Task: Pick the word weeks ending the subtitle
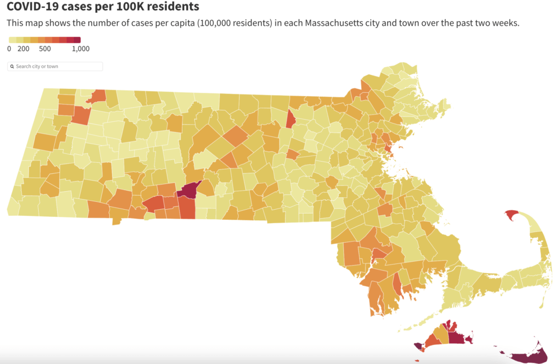coord(505,24)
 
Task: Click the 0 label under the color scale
coord(9,49)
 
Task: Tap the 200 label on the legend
coord(23,49)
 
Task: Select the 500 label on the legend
coord(45,49)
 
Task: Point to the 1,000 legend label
coord(81,49)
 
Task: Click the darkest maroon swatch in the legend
coord(77,40)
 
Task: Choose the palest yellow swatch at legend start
coord(12,40)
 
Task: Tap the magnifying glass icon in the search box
coord(12,67)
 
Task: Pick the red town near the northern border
coord(291,119)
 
